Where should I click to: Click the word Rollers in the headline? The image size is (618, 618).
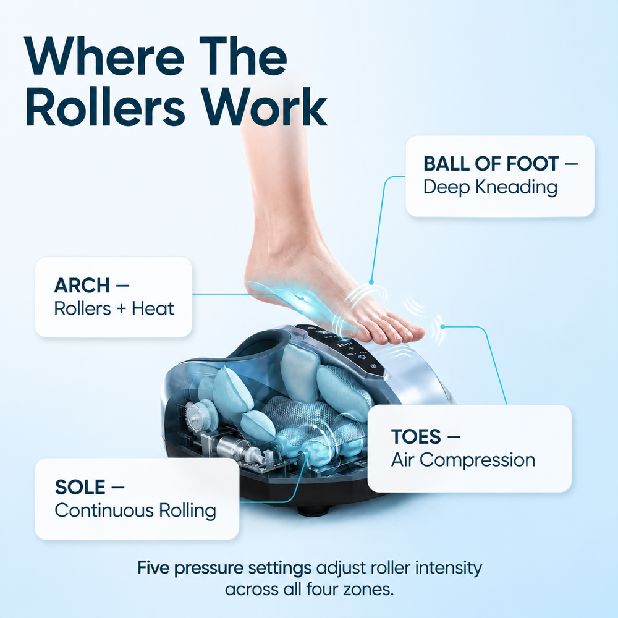(x=105, y=107)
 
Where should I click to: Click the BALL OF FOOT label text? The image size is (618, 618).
(x=491, y=164)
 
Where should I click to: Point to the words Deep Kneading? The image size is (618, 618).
(x=490, y=187)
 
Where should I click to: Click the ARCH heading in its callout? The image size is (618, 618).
(x=82, y=286)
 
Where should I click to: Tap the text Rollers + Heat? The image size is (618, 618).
(x=114, y=308)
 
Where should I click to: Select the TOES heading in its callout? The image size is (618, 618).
(x=416, y=437)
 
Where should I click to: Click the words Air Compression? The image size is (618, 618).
(x=463, y=460)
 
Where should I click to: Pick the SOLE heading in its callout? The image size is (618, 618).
(x=80, y=487)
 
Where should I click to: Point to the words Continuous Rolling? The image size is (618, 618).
(x=135, y=510)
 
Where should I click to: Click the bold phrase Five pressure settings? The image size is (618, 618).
(x=224, y=569)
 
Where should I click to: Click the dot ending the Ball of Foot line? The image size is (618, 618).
(x=371, y=282)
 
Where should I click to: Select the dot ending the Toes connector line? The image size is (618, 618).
(x=442, y=327)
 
